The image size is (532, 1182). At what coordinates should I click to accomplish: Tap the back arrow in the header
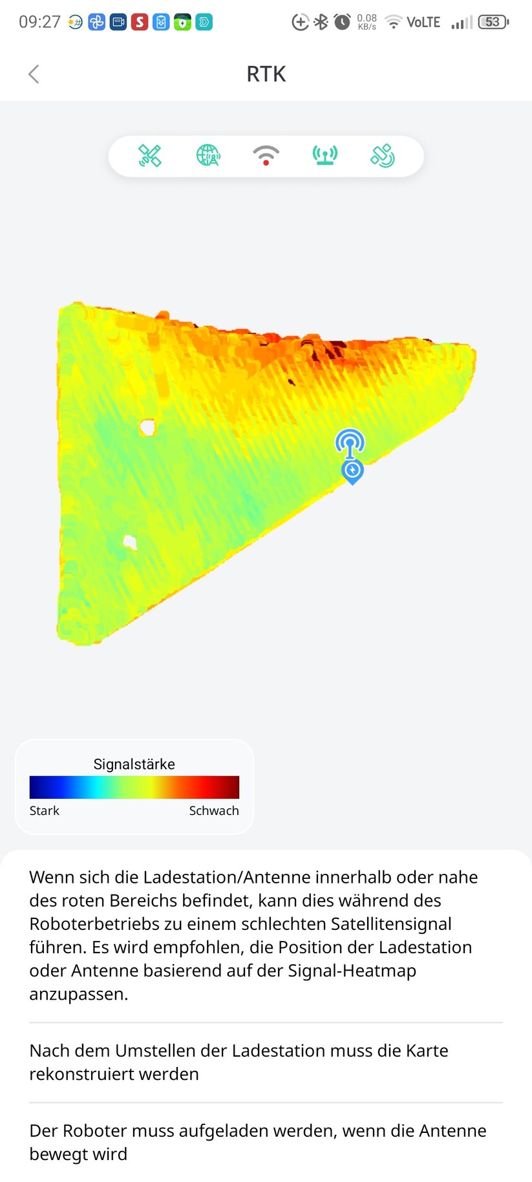(x=34, y=74)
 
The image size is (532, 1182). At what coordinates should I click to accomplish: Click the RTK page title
(x=266, y=74)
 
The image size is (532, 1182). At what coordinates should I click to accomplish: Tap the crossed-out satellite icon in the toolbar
(x=149, y=156)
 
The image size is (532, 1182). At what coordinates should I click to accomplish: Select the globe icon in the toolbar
(x=207, y=156)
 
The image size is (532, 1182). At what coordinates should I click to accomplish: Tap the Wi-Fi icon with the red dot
(x=266, y=156)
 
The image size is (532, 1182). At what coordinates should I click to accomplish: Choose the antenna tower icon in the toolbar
(x=325, y=156)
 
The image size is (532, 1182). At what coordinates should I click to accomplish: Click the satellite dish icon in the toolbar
(x=383, y=156)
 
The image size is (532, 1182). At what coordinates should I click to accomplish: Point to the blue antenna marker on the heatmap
(x=350, y=443)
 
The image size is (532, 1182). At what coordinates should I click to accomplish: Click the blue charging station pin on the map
(x=352, y=471)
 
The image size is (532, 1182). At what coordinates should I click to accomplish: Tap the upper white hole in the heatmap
(x=147, y=427)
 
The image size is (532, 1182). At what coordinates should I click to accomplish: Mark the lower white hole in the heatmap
(x=131, y=542)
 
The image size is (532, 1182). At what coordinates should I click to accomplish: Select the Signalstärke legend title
(x=134, y=764)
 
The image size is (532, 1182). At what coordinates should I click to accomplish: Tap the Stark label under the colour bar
(x=44, y=810)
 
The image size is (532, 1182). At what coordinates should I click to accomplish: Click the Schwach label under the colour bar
(x=213, y=810)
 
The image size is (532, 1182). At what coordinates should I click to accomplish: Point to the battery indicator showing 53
(x=493, y=22)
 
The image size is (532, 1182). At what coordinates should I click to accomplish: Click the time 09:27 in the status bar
(x=39, y=22)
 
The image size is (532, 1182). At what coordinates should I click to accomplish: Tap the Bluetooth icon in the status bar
(x=321, y=22)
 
